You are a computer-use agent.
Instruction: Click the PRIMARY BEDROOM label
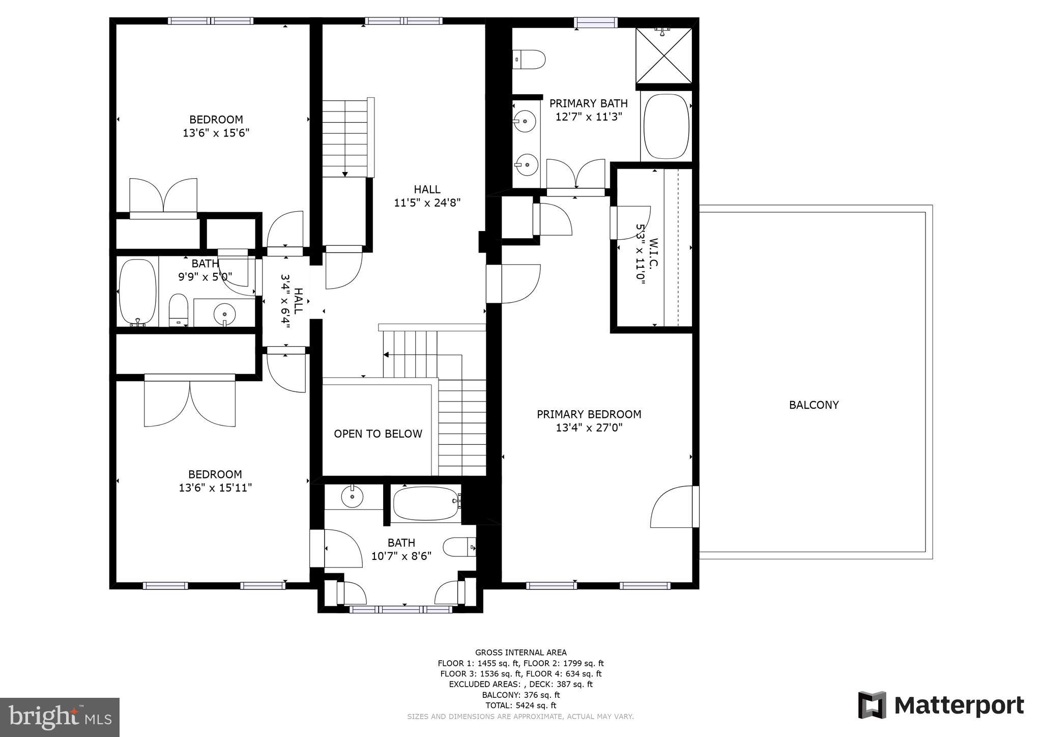pos(589,414)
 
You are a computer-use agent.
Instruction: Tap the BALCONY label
pos(814,405)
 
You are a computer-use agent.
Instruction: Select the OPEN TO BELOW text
pos(378,434)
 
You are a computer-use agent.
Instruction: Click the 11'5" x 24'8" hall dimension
pos(427,203)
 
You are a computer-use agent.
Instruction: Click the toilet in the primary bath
pos(529,59)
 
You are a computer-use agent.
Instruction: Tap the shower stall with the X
pos(664,55)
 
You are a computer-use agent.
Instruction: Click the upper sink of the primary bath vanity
pos(525,121)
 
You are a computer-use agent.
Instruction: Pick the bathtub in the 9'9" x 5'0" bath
pos(137,292)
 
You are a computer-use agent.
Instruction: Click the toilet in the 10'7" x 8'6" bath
pos(459,547)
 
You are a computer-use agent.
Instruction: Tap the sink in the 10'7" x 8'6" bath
pos(352,496)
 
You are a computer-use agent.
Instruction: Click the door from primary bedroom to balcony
pos(674,507)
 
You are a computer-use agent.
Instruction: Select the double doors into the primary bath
pos(575,176)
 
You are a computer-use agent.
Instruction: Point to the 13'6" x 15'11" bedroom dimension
pos(215,488)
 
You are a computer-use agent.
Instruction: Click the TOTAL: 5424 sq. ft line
pos(520,705)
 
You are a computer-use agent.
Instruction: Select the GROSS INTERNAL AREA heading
pos(520,653)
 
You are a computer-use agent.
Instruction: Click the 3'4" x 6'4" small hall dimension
pos(285,301)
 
